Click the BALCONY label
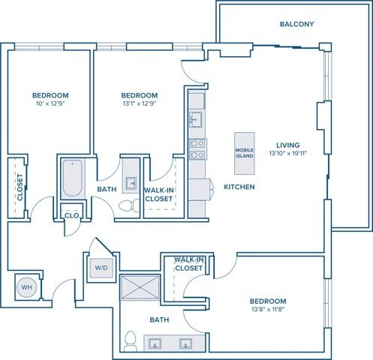tap(296, 24)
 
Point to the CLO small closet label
tap(72, 215)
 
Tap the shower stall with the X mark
tap(140, 289)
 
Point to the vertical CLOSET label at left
tap(20, 187)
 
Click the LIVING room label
tap(288, 145)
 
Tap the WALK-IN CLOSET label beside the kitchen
tap(159, 195)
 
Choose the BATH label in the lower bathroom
tap(159, 320)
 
